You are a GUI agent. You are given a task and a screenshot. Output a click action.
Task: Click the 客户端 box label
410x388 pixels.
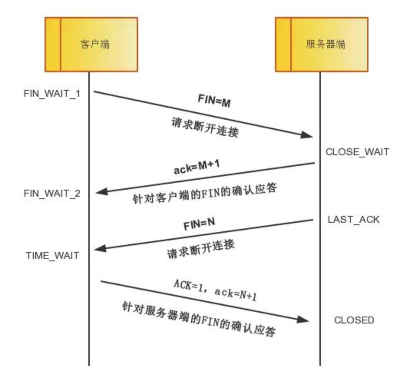95,44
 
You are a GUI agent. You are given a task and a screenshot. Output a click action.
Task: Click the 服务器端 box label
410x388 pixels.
325,44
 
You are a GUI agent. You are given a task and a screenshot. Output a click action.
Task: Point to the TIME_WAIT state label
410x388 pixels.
53,255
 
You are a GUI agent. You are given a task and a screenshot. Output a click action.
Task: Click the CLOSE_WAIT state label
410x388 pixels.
357,152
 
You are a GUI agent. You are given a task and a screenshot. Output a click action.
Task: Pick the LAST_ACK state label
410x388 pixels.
354,220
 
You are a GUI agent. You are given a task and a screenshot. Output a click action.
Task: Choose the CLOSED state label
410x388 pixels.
354,320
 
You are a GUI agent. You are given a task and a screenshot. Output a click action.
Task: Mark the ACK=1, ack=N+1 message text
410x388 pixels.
215,290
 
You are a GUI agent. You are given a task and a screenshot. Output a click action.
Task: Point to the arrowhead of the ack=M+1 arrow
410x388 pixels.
101,192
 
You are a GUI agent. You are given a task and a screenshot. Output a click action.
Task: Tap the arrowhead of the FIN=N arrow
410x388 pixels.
100,249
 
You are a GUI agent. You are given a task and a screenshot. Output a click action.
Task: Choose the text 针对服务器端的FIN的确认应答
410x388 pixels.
199,318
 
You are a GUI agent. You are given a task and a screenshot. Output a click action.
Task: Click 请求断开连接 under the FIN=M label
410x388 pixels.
205,127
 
